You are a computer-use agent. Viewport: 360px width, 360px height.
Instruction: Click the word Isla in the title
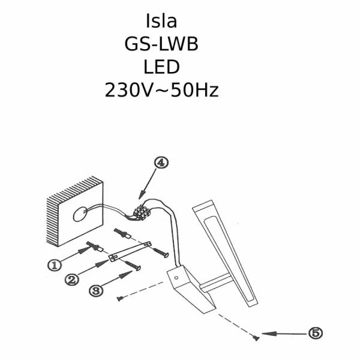click(161, 21)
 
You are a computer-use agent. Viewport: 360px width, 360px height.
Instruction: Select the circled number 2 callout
click(72, 280)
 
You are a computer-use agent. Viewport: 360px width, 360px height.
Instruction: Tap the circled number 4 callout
click(161, 163)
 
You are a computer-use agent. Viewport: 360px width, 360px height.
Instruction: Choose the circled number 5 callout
click(315, 332)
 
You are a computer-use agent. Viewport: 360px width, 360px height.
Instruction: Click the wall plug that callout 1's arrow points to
click(93, 246)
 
